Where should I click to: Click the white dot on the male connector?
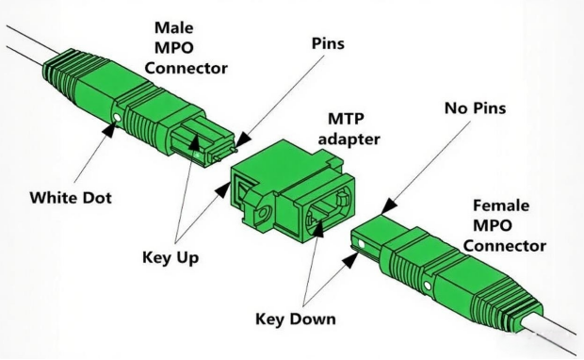click(x=118, y=118)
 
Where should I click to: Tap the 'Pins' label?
click(x=328, y=43)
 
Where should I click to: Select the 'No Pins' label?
click(x=476, y=108)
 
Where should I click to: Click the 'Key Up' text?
click(x=170, y=258)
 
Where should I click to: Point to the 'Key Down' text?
click(x=296, y=319)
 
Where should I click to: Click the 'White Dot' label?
click(x=71, y=198)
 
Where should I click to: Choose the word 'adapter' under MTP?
click(x=349, y=139)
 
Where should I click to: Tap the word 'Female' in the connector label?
click(x=501, y=205)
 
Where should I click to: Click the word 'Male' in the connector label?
click(x=174, y=27)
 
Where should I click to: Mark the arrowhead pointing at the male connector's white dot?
click(x=108, y=130)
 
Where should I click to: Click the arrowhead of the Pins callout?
click(x=242, y=140)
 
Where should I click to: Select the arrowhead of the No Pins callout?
click(x=388, y=206)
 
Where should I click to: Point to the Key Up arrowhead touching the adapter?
click(x=223, y=189)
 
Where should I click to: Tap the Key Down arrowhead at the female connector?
click(x=351, y=259)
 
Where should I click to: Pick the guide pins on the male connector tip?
click(x=224, y=155)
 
